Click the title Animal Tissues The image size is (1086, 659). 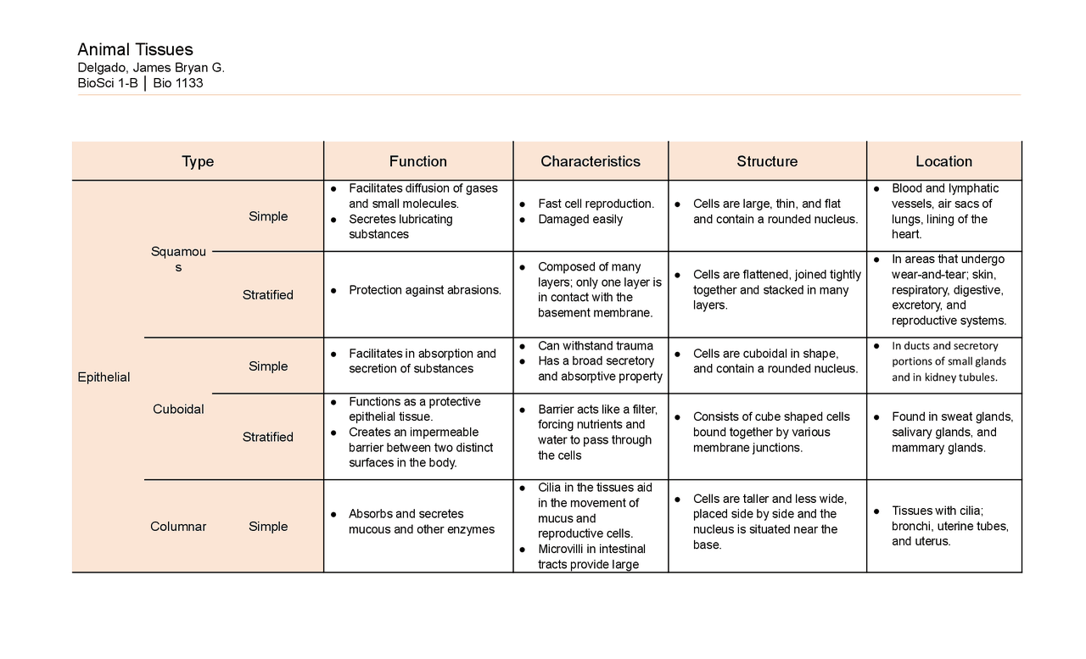pyautogui.click(x=135, y=49)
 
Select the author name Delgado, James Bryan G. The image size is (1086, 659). pyautogui.click(x=151, y=68)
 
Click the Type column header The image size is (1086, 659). pyautogui.click(x=198, y=161)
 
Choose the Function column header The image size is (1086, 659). pyautogui.click(x=417, y=161)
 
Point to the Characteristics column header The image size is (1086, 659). pyautogui.click(x=591, y=161)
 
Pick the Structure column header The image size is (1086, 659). pyautogui.click(x=767, y=161)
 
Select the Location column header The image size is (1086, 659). pyautogui.click(x=943, y=161)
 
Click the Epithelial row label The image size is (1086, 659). pyautogui.click(x=104, y=377)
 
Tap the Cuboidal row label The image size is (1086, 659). pyautogui.click(x=178, y=409)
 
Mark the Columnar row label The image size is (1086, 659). pyautogui.click(x=178, y=526)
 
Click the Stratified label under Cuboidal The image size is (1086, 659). pyautogui.click(x=268, y=437)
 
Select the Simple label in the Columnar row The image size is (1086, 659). pyautogui.click(x=268, y=526)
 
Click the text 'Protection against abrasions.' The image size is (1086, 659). pyautogui.click(x=424, y=290)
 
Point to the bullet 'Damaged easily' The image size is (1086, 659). pyautogui.click(x=580, y=219)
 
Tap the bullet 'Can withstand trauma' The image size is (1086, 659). pyautogui.click(x=596, y=345)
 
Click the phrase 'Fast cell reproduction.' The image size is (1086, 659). pyautogui.click(x=596, y=204)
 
